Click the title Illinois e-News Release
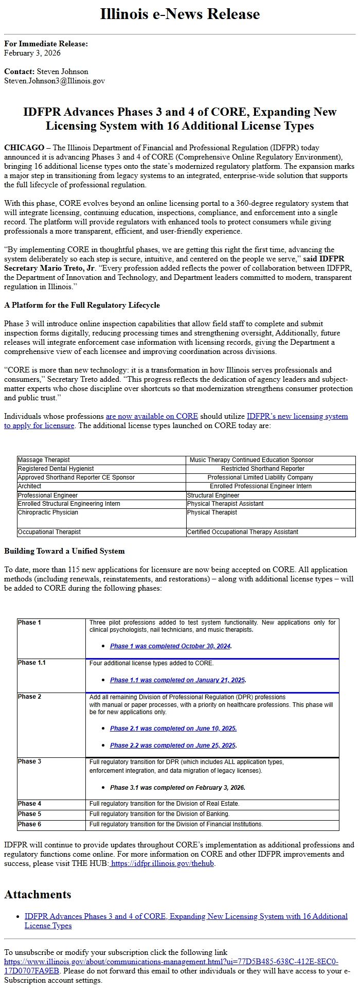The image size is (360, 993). point(179,14)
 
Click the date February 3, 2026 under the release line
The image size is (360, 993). point(32,53)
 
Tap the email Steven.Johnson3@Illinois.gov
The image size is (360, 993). point(55,81)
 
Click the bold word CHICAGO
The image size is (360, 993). point(24,148)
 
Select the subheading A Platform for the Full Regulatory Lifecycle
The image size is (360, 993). point(82,305)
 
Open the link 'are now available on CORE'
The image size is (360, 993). point(152,416)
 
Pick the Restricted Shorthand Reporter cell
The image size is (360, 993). point(262,469)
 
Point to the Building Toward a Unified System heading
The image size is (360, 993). point(64,551)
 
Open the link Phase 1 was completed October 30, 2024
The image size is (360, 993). point(170,646)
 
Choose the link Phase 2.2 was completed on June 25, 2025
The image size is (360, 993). point(173,746)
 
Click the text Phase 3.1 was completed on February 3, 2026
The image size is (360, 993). point(177,788)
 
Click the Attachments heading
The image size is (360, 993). point(38,895)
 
